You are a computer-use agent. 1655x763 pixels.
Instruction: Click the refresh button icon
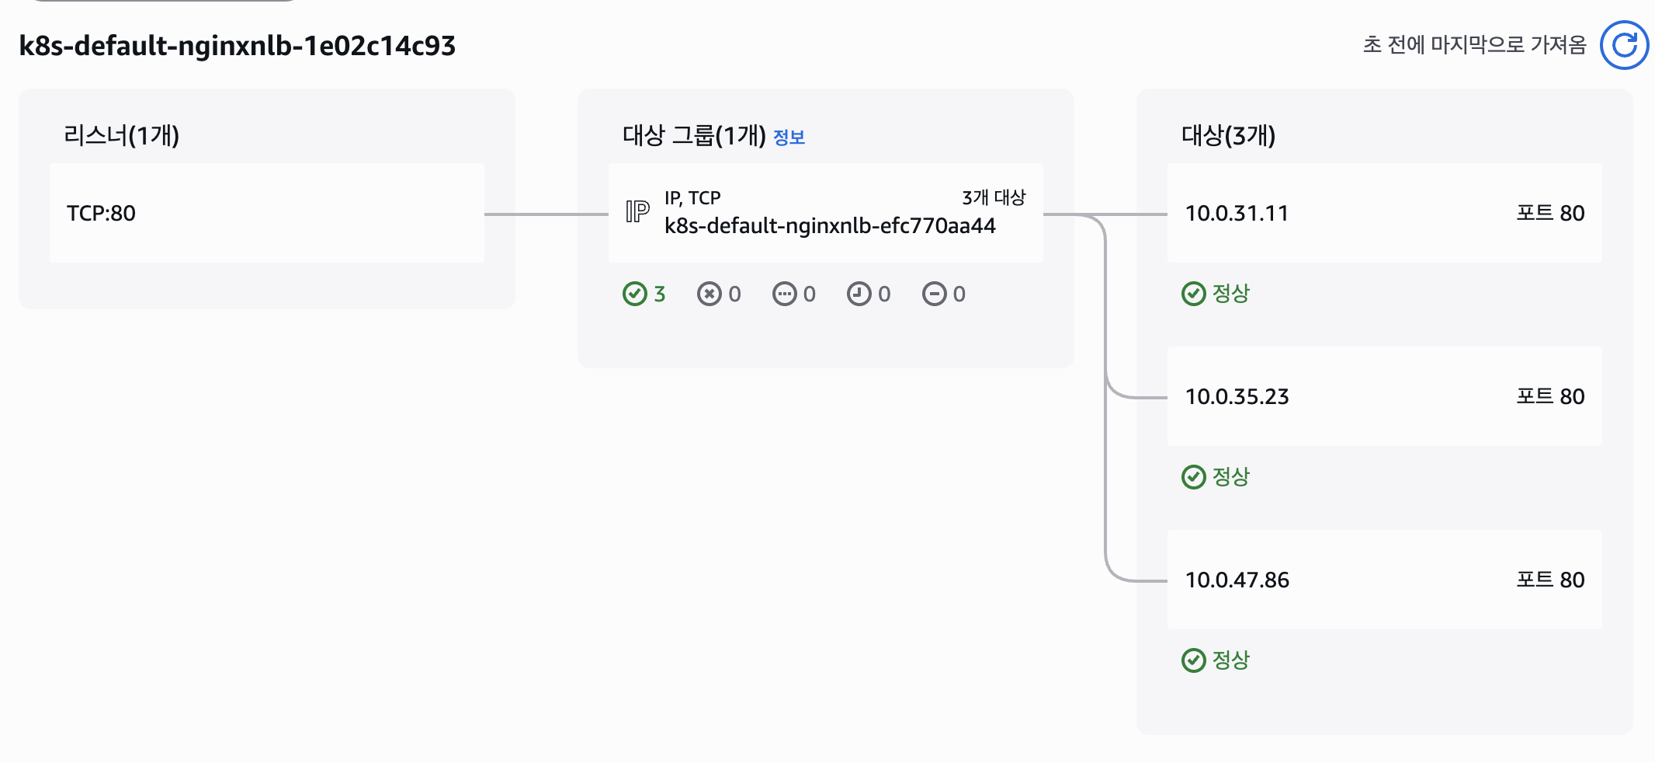[x=1624, y=45]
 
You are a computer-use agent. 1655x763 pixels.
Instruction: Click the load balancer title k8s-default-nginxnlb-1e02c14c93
[x=237, y=46]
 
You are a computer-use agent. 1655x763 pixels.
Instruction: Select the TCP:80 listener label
[x=101, y=213]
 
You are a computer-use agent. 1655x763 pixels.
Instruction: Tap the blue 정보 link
[x=789, y=138]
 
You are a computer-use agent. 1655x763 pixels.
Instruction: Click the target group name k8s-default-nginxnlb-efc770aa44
[x=829, y=226]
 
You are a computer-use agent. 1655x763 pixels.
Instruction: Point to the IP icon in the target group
[x=637, y=211]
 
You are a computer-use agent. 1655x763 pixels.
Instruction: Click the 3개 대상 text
[x=994, y=198]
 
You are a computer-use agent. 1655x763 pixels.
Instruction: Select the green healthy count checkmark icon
[x=634, y=294]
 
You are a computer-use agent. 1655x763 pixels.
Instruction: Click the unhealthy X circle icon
[x=709, y=294]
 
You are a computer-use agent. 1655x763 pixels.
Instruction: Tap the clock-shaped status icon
[x=859, y=294]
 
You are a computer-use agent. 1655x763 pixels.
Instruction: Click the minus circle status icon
[x=934, y=294]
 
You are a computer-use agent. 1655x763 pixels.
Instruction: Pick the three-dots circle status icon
[x=784, y=294]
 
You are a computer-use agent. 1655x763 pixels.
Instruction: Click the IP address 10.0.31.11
[x=1237, y=213]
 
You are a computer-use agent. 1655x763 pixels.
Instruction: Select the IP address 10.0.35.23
[x=1237, y=396]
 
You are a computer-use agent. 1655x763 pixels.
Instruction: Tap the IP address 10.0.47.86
[x=1237, y=580]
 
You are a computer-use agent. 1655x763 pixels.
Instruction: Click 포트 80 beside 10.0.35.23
[x=1550, y=396]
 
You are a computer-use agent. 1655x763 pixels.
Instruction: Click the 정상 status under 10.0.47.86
[x=1230, y=660]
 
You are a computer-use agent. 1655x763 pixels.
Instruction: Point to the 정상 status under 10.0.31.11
[x=1230, y=294]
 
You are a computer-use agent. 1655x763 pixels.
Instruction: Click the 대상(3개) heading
[x=1228, y=135]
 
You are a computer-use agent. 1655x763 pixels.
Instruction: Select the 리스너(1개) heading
[x=121, y=135]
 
